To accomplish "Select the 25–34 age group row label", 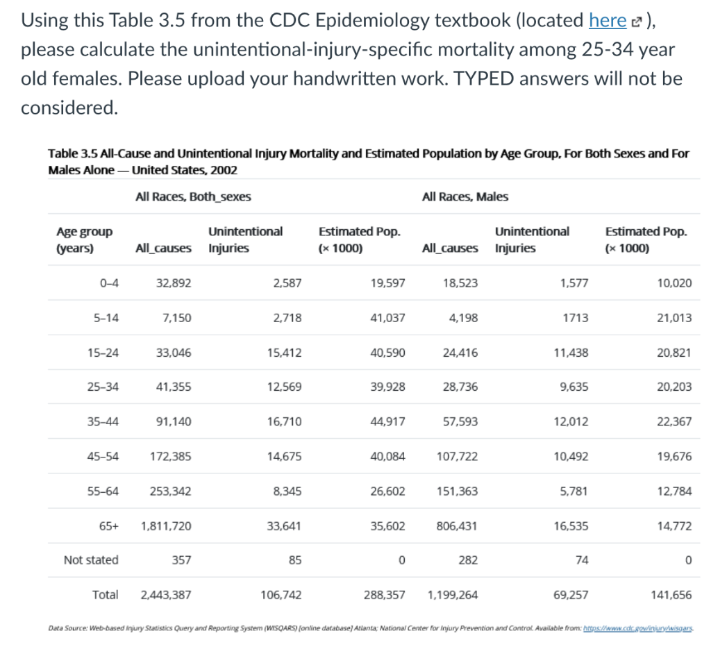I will pyautogui.click(x=103, y=387).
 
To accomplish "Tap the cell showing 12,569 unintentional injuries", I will pyautogui.click(x=284, y=387).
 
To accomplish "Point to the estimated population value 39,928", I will pyautogui.click(x=388, y=387).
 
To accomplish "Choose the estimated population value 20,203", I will pyautogui.click(x=674, y=387).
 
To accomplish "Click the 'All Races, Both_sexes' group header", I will pyautogui.click(x=193, y=196).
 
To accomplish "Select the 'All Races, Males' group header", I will pyautogui.click(x=465, y=196).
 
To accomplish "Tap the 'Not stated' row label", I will pyautogui.click(x=91, y=559).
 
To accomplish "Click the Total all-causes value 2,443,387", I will pyautogui.click(x=166, y=594).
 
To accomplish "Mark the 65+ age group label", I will pyautogui.click(x=108, y=525).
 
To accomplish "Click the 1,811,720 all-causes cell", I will pyautogui.click(x=166, y=525).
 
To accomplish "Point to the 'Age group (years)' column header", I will pyautogui.click(x=84, y=239).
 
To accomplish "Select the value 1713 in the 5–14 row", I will pyautogui.click(x=576, y=318).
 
